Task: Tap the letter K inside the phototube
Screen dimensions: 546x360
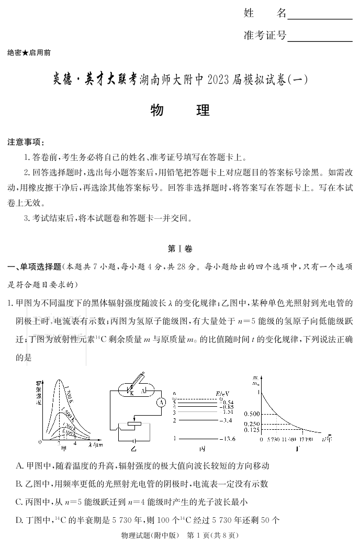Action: click(x=132, y=392)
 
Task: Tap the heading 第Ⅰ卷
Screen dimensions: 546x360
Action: click(x=180, y=249)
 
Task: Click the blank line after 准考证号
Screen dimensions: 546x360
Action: click(x=320, y=40)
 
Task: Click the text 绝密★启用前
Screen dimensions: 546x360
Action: click(x=29, y=53)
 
